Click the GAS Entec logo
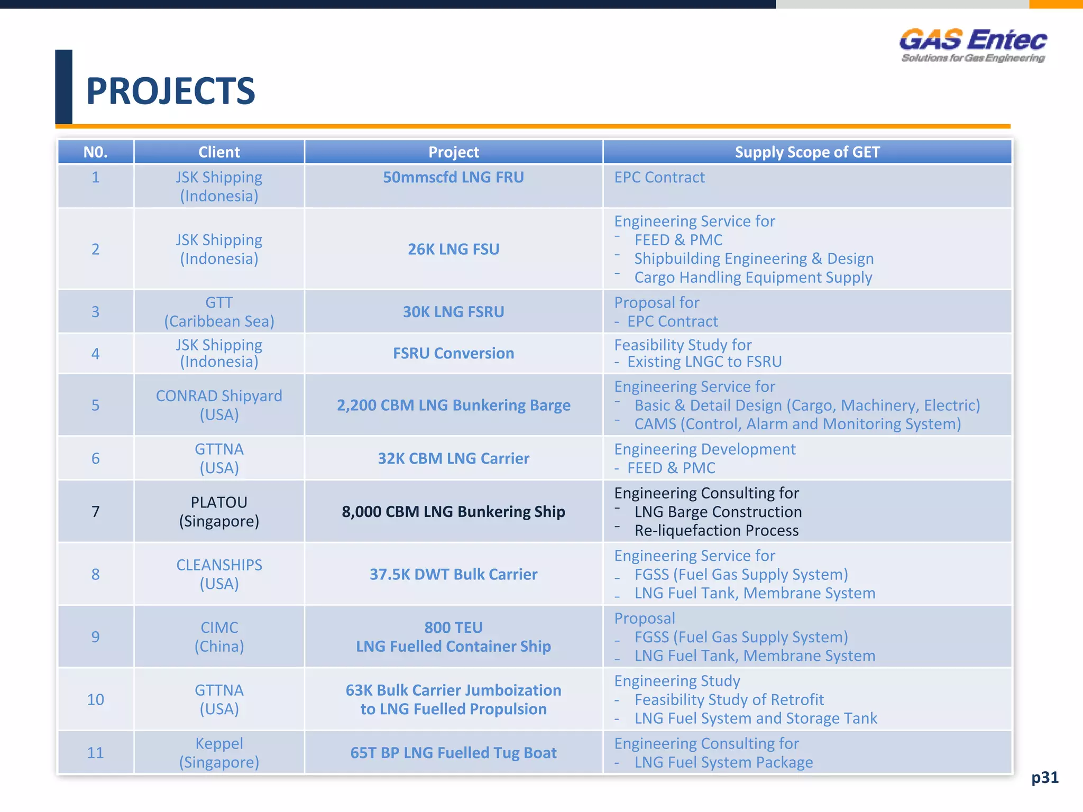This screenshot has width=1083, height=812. point(972,45)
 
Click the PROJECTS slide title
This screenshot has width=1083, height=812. point(170,91)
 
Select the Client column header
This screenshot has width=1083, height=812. point(219,152)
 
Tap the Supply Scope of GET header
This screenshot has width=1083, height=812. point(807,152)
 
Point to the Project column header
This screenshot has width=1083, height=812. point(453,152)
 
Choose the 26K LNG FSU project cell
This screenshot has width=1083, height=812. point(453,249)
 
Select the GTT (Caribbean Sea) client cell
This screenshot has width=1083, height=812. point(219,312)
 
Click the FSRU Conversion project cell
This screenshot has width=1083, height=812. point(453,353)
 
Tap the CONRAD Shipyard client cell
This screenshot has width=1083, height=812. point(219,405)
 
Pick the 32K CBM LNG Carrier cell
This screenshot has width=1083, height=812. point(453,458)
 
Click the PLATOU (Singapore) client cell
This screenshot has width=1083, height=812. point(219,511)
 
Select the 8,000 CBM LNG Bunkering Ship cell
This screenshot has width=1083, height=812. point(453,512)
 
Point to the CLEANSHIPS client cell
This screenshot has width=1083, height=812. point(219,574)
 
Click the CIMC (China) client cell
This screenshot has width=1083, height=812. point(219,636)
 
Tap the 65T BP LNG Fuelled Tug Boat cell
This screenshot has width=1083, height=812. point(453,753)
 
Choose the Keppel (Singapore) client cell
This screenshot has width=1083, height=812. point(219,753)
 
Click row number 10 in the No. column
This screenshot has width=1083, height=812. point(95,699)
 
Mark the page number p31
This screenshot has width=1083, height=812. point(1044,777)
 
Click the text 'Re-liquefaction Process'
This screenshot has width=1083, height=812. point(716,531)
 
